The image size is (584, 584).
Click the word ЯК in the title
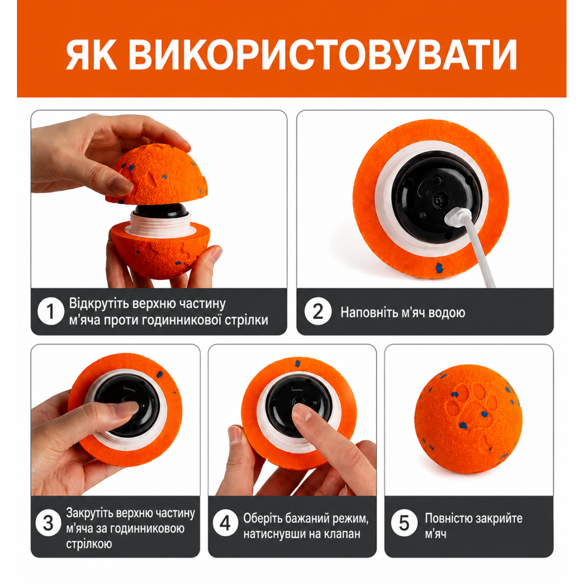tap(91, 55)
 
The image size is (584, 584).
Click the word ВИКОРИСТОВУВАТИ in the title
tap(323, 55)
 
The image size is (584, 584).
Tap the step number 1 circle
tap(51, 311)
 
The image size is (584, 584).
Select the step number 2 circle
tap(317, 311)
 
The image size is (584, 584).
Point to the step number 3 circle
tap(48, 523)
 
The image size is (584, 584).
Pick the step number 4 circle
tap(225, 523)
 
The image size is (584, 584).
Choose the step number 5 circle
tap(404, 523)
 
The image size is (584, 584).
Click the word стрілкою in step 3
tap(89, 544)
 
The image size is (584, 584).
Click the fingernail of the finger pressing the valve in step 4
tap(301, 412)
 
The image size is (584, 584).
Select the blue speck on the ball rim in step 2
tap(439, 267)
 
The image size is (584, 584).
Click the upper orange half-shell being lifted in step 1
tap(156, 175)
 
